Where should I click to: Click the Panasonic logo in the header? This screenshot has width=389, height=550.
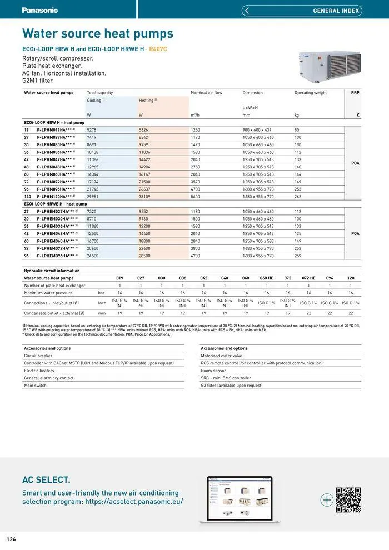(x=39, y=10)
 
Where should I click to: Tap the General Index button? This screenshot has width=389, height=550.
(x=302, y=11)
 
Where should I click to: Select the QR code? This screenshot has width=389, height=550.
(x=348, y=500)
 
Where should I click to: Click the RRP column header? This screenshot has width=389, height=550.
(x=355, y=93)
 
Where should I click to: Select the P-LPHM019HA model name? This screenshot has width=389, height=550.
(x=54, y=129)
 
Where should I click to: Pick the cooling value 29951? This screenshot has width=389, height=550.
(x=92, y=196)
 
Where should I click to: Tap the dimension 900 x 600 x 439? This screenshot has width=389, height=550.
(x=257, y=129)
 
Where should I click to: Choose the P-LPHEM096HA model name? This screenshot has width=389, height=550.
(x=56, y=256)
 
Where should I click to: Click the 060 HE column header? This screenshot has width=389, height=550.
(x=267, y=278)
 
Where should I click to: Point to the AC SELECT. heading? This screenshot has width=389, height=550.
(x=46, y=480)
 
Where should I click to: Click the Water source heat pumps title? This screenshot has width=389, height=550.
(x=98, y=34)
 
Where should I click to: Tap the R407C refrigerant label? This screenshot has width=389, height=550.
(x=158, y=49)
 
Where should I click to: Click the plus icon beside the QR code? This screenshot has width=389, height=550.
(x=327, y=500)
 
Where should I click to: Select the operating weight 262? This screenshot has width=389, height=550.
(x=298, y=196)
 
